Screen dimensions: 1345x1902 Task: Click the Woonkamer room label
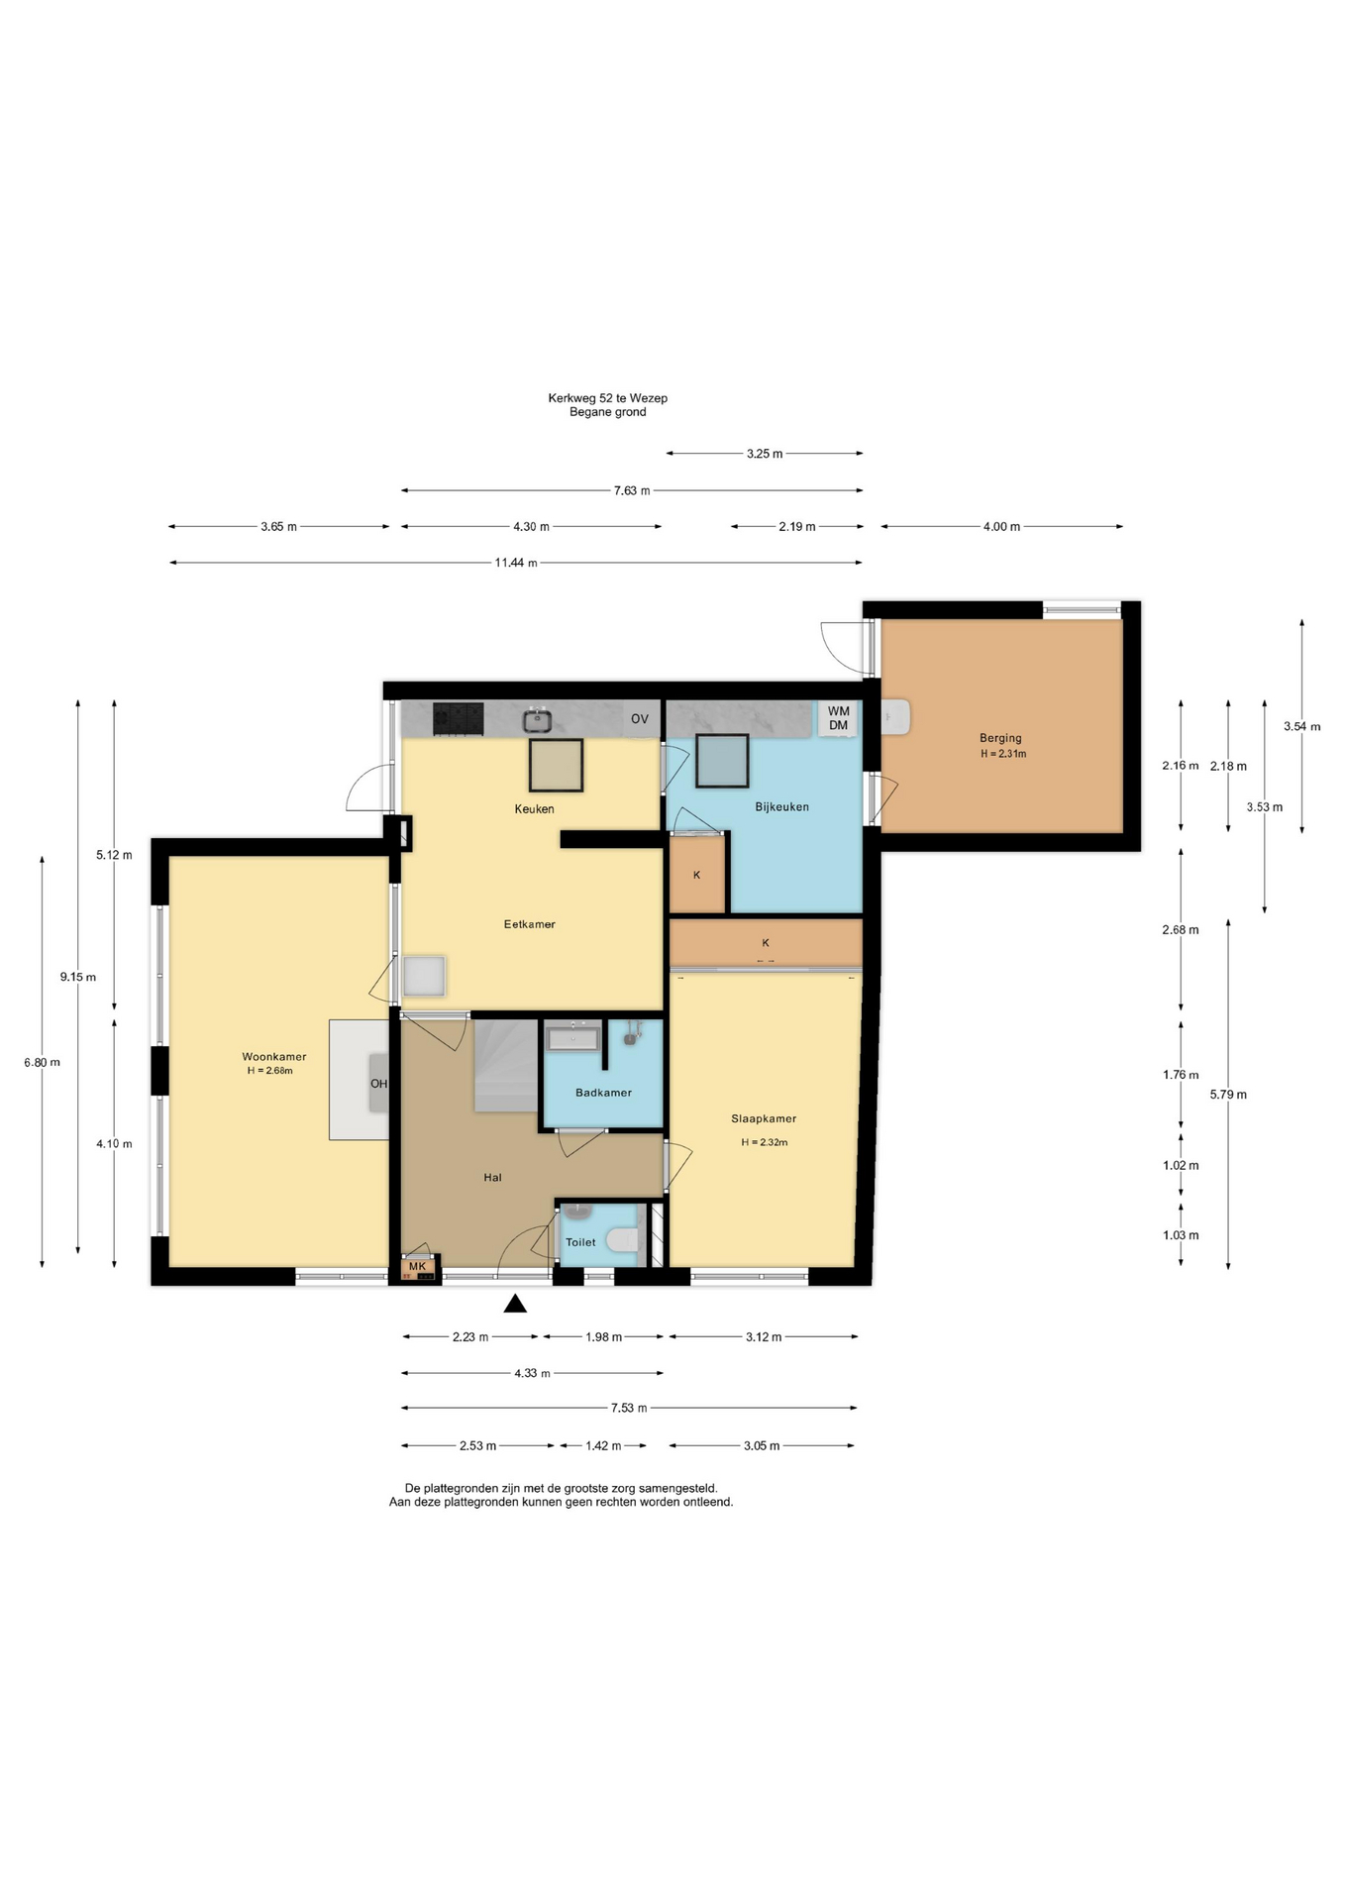[x=274, y=1057]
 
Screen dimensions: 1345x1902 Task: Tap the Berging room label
[x=1000, y=738]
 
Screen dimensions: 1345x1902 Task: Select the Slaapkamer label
[x=764, y=1118]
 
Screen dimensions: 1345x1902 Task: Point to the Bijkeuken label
[x=782, y=807]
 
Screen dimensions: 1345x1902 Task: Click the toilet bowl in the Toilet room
[x=622, y=1240]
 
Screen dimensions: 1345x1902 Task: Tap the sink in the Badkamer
[x=573, y=1038]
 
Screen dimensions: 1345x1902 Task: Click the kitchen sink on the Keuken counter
[x=538, y=720]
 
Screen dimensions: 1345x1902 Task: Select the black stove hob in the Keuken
[x=458, y=719]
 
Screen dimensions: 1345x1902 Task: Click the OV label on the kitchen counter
[x=640, y=719]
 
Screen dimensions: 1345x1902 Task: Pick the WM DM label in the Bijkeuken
[x=839, y=718]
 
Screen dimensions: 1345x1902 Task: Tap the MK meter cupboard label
[x=417, y=1266]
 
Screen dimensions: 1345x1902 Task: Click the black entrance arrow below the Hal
[x=515, y=1304]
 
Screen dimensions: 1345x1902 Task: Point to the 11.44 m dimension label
[x=516, y=563]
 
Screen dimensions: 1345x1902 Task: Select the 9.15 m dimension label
[x=78, y=977]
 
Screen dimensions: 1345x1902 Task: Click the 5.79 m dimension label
[x=1228, y=1095]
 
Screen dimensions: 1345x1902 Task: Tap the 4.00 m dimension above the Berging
[x=1001, y=527]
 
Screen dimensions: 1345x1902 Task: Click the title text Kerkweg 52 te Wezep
[x=608, y=398]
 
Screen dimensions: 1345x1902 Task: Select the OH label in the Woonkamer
[x=378, y=1084]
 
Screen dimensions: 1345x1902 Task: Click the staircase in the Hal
[x=505, y=1065]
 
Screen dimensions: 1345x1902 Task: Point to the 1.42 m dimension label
[x=603, y=1446]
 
